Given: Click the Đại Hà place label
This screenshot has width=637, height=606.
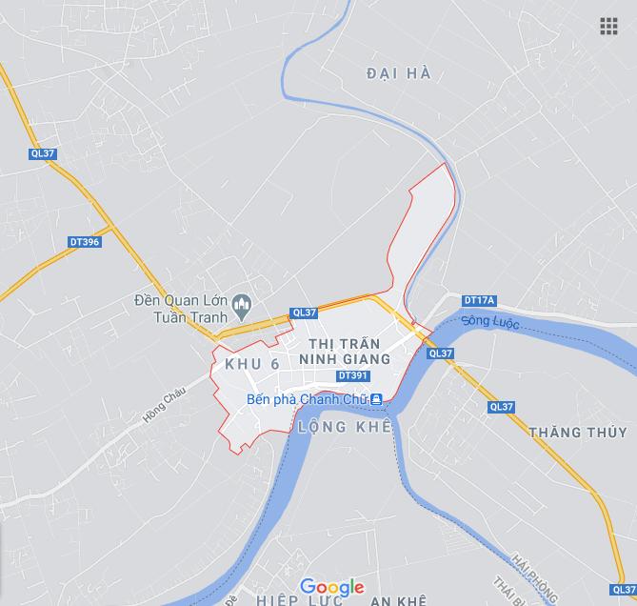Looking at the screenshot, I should click(399, 73).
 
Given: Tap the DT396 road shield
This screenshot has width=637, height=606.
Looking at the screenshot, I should click(85, 242).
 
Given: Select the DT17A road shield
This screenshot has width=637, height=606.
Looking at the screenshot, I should click(480, 301).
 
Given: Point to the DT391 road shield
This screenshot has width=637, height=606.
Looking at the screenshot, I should click(352, 376).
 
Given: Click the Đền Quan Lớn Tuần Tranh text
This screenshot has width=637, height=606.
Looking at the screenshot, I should click(181, 307).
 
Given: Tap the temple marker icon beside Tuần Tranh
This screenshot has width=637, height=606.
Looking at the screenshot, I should click(242, 305).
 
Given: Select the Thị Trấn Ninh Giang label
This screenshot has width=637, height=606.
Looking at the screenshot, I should click(344, 352).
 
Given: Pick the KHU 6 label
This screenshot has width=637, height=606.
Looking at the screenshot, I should click(252, 365).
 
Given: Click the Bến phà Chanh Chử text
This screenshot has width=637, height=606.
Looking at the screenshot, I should click(306, 399).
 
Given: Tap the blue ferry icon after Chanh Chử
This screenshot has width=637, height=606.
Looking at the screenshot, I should click(377, 399).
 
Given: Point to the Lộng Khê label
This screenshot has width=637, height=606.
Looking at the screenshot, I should click(344, 427).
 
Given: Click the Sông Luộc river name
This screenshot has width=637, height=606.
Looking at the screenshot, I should click(490, 323).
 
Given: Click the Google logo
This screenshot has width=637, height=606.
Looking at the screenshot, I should click(331, 587).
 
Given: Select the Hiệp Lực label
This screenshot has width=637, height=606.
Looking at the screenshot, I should click(294, 600).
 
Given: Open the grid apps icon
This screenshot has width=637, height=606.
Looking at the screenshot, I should click(608, 26).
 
